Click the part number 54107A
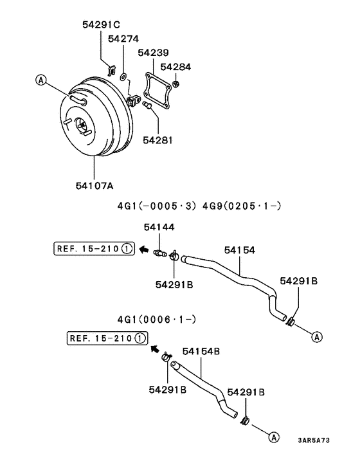(94, 186)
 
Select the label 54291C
(101, 25)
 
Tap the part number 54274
(123, 39)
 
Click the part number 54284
(175, 67)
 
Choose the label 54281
(157, 140)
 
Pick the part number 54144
(159, 227)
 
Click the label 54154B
(201, 352)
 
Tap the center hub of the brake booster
(81, 125)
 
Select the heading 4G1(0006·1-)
(157, 319)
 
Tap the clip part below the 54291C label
(110, 67)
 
